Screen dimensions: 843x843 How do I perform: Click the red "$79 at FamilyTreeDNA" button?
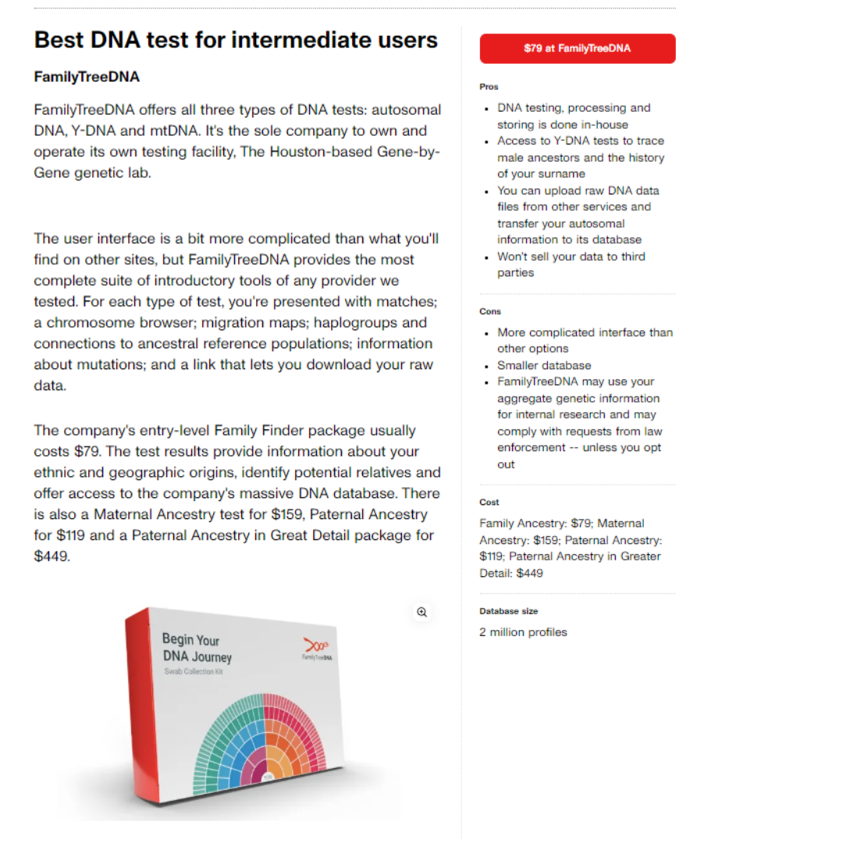[577, 48]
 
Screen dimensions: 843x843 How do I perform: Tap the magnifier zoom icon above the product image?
[421, 613]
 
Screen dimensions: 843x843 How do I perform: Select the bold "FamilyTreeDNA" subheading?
[87, 77]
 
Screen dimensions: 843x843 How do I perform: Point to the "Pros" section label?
[489, 87]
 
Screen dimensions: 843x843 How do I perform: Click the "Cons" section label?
[490, 311]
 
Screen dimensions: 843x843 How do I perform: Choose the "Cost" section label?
[489, 503]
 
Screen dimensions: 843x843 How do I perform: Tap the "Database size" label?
[508, 611]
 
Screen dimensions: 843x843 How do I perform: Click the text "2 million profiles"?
[523, 632]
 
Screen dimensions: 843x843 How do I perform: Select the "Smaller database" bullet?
[544, 365]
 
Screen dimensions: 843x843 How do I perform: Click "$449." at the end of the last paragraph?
[52, 557]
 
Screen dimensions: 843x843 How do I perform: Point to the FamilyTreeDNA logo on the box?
[315, 649]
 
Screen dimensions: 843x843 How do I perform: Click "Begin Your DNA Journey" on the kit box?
[196, 648]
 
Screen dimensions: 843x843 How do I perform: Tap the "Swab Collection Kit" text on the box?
[193, 672]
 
